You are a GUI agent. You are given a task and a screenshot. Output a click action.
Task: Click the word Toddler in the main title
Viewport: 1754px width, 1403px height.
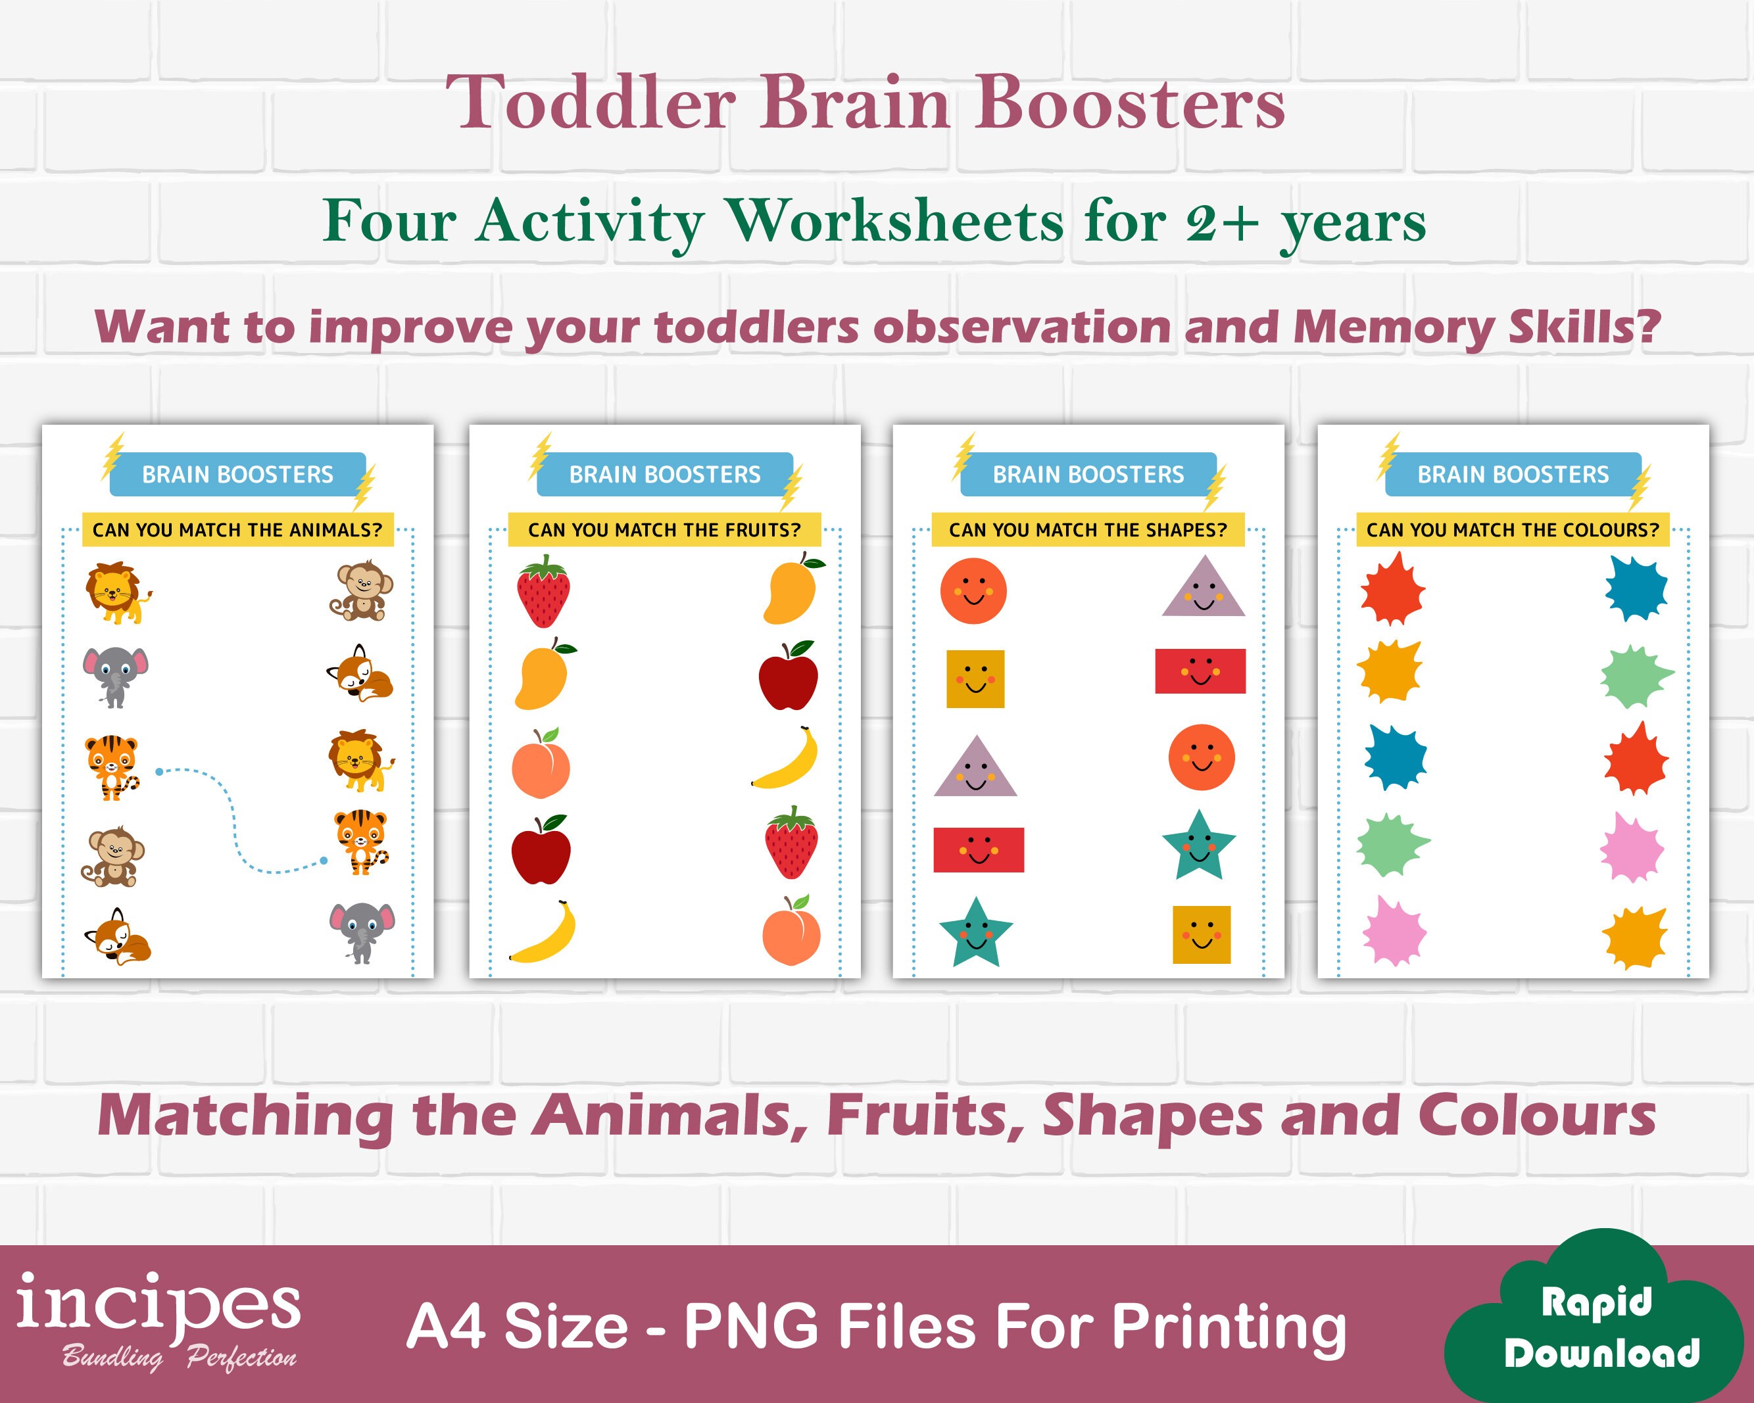(591, 103)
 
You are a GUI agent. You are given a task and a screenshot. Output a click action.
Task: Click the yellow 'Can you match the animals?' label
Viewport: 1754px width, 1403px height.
(237, 529)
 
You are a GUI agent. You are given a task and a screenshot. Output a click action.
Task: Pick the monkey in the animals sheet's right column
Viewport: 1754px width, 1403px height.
(361, 590)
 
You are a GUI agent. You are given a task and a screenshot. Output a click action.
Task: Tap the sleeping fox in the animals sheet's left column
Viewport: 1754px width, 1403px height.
(119, 937)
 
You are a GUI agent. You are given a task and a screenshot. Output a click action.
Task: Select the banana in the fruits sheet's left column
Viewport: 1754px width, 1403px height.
(543, 932)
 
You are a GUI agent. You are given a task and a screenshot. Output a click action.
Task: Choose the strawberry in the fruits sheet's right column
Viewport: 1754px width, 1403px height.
(791, 843)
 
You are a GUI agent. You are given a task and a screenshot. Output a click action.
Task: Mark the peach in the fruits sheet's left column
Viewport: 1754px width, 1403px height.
(540, 764)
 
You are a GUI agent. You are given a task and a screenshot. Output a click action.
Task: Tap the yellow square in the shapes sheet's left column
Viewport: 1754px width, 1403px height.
(975, 678)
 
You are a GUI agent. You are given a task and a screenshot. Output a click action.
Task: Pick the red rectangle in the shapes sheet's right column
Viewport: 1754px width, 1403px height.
(1200, 671)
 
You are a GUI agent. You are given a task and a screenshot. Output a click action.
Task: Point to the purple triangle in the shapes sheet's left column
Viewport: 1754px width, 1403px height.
(975, 769)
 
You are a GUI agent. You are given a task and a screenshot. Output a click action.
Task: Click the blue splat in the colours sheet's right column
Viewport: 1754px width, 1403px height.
(1635, 587)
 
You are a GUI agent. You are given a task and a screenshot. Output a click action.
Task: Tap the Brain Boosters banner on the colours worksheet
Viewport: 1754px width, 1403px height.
(1513, 474)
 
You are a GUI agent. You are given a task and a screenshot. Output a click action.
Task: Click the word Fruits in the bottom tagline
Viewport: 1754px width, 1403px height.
(925, 1116)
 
